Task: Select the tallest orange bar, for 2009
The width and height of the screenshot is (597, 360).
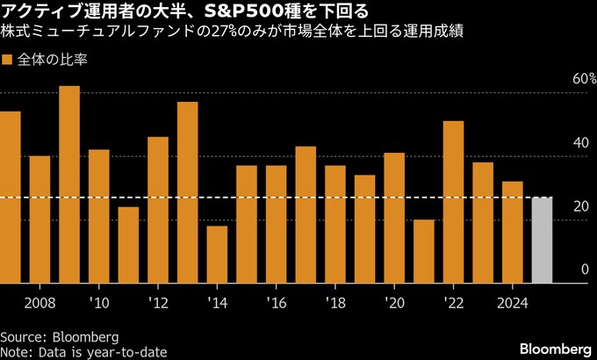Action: [69, 184]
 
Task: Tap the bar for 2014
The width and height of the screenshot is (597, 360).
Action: [217, 255]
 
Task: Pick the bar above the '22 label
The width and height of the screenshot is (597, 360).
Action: [453, 202]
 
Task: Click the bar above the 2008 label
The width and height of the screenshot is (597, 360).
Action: [40, 220]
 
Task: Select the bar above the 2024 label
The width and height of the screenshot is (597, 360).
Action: [512, 232]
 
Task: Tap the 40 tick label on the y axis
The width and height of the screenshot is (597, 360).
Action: [580, 143]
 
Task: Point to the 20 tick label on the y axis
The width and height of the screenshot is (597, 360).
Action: [580, 206]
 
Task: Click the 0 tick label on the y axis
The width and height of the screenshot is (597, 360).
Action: [584, 270]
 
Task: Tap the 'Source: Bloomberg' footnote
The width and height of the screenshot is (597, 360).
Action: [59, 336]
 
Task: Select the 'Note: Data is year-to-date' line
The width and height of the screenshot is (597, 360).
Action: [84, 351]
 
